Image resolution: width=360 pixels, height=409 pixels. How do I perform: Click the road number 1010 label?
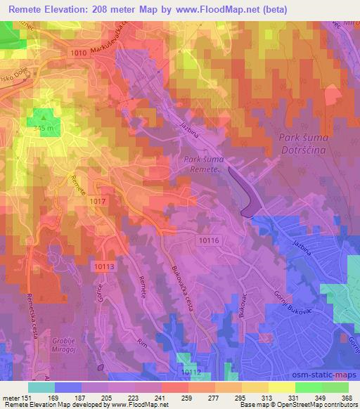(79, 53)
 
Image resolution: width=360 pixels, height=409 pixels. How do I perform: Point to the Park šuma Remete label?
(202, 164)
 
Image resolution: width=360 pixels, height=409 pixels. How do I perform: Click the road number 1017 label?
(98, 202)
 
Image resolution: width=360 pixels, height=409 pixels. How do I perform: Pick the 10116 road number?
(209, 240)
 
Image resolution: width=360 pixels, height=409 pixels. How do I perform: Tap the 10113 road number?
(103, 266)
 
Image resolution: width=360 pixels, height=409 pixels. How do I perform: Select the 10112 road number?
(190, 372)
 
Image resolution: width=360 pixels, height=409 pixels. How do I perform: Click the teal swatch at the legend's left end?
(41, 387)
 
